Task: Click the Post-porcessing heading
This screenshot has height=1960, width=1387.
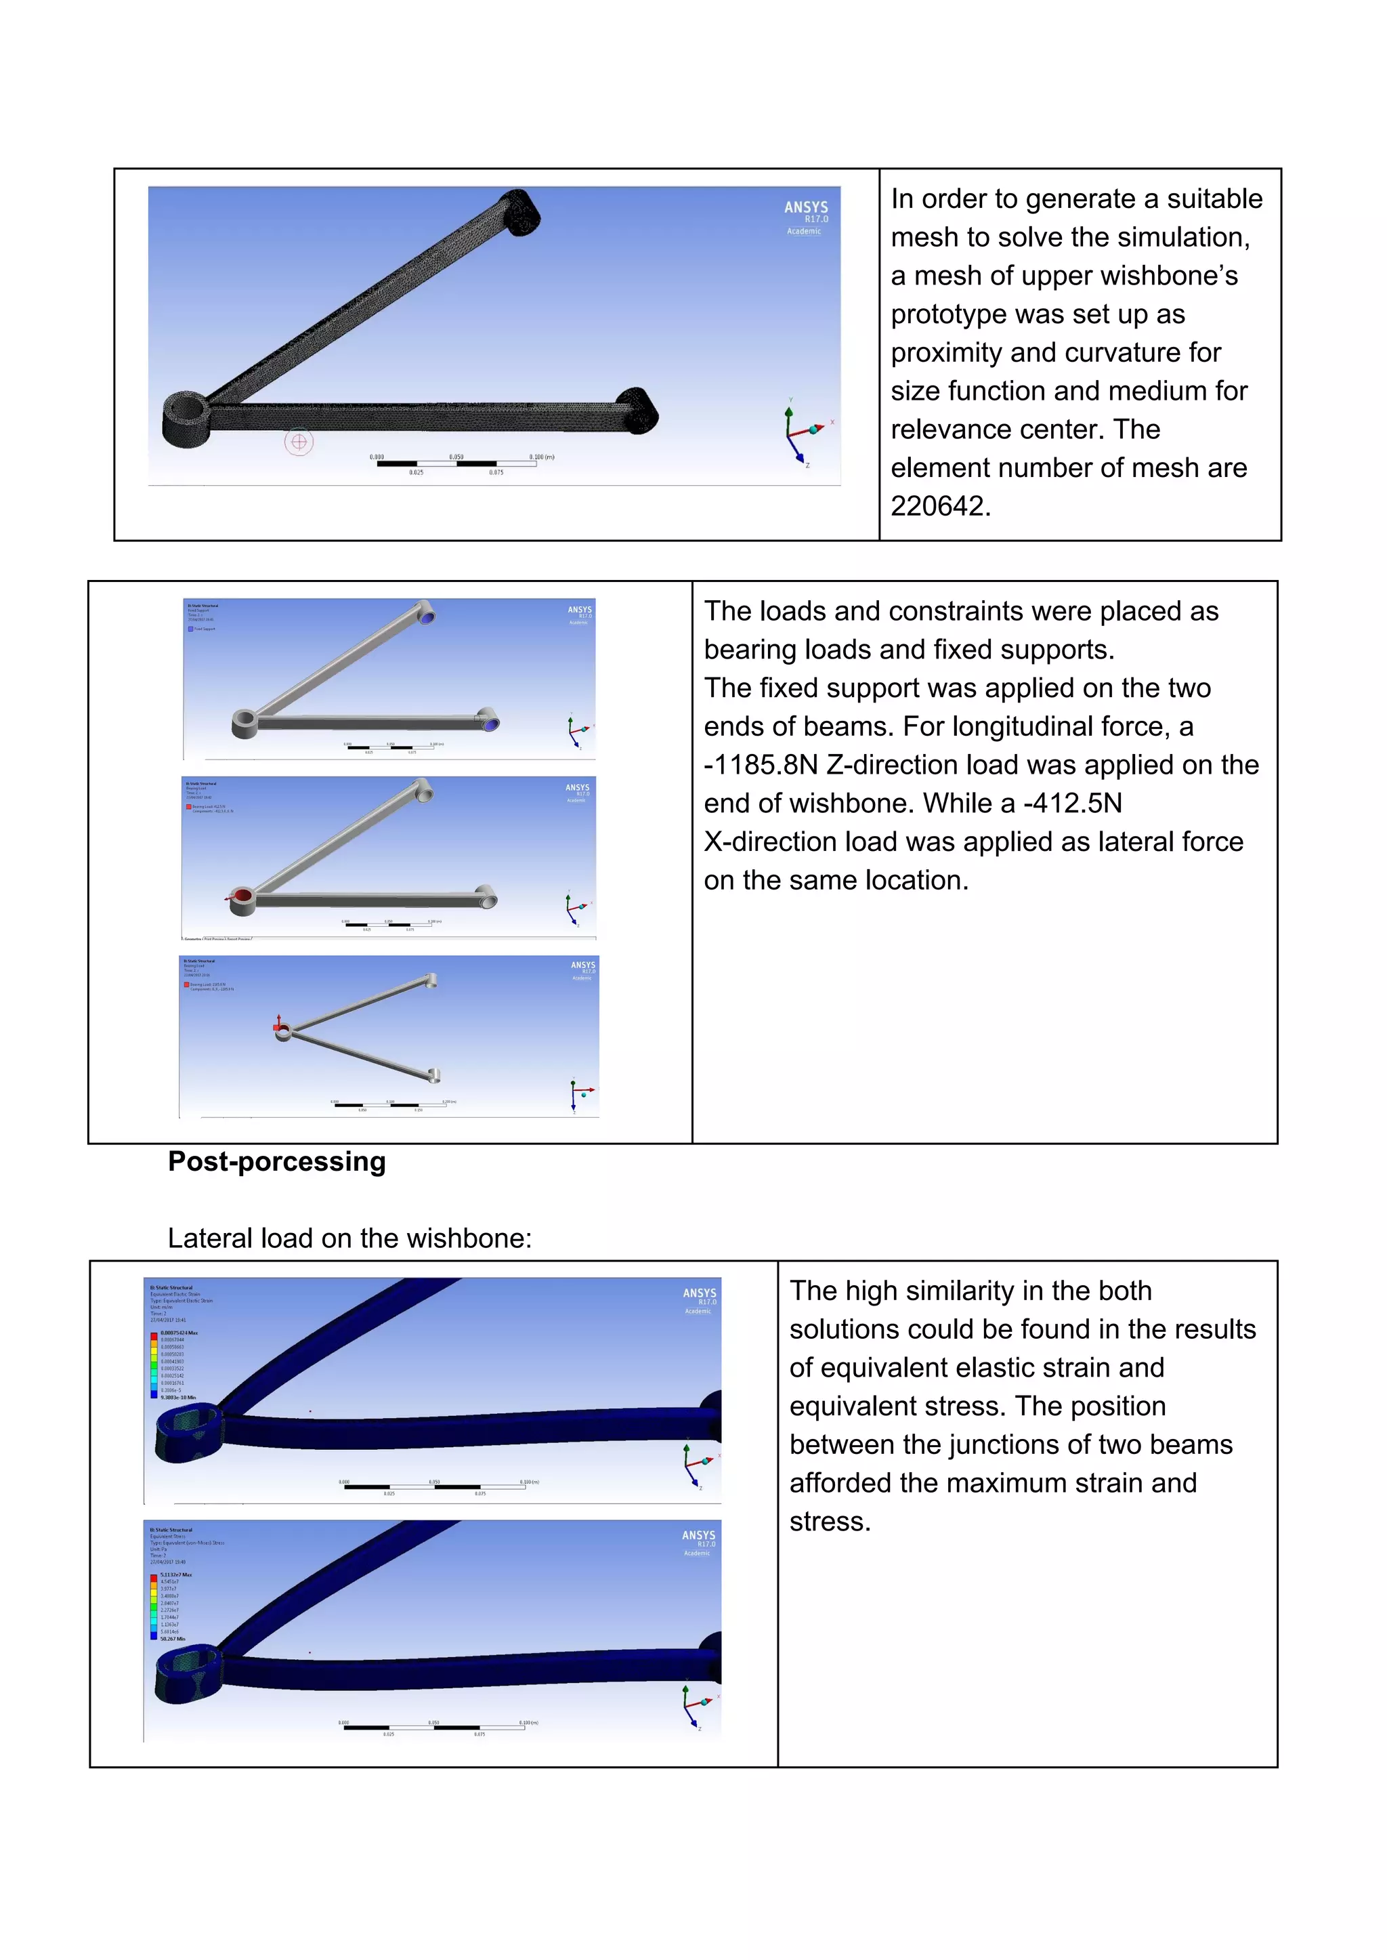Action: point(277,1162)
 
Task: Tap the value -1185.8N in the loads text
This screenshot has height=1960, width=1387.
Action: point(760,765)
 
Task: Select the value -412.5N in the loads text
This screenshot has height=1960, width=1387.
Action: point(1073,803)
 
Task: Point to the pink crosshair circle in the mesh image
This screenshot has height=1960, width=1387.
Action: point(299,442)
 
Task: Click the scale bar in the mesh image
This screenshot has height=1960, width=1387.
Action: point(457,463)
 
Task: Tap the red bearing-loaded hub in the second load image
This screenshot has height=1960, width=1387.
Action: point(242,896)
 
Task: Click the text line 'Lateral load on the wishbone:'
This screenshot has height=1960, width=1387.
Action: point(349,1238)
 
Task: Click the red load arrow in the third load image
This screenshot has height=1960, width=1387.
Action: point(278,1024)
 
